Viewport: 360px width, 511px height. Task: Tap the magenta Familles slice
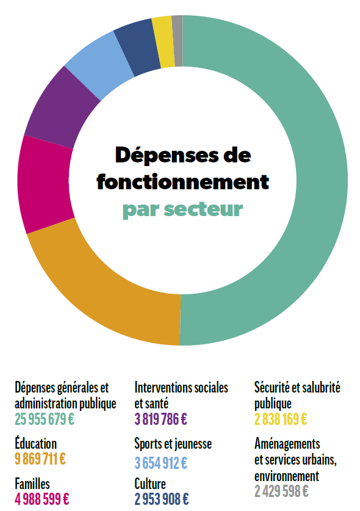click(x=44, y=184)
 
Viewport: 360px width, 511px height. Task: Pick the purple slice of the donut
click(x=60, y=106)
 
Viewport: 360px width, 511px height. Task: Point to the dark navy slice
click(x=137, y=47)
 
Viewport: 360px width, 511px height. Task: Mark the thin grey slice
click(x=178, y=41)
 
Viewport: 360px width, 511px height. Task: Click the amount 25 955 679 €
click(x=45, y=419)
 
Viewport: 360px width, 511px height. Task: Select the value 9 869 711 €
click(x=40, y=459)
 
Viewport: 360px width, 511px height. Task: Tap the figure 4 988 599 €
click(x=41, y=499)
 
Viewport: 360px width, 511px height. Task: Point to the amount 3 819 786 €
click(x=161, y=419)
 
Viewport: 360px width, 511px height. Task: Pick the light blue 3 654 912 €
click(x=161, y=463)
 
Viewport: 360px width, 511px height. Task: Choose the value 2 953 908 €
click(x=162, y=499)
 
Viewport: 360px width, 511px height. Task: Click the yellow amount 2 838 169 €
click(x=281, y=419)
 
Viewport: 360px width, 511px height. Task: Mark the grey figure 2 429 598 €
click(x=281, y=491)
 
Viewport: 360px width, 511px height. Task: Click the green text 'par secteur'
click(x=183, y=209)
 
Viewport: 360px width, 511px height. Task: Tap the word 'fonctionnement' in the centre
click(x=183, y=181)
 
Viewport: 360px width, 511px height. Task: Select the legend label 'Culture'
click(x=150, y=484)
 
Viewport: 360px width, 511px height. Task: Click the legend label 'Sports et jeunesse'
click(x=173, y=444)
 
